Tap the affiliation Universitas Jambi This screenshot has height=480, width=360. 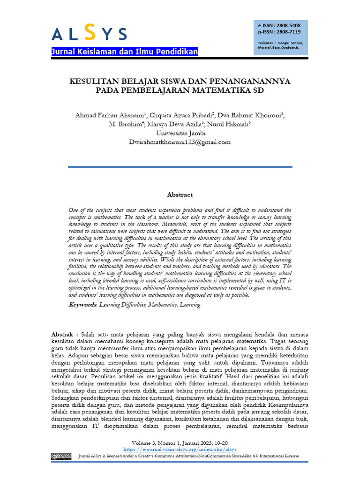(x=180, y=134)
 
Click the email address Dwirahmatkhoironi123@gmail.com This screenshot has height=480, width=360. (x=180, y=142)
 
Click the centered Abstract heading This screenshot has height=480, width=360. (x=180, y=195)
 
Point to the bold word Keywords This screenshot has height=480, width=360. (x=82, y=305)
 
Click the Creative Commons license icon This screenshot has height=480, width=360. (x=61, y=456)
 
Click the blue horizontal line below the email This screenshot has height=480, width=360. (x=180, y=167)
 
